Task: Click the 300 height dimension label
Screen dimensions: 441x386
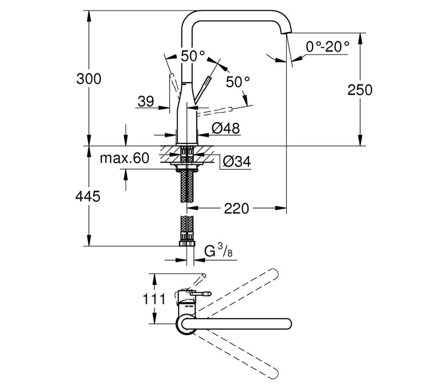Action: tap(89, 79)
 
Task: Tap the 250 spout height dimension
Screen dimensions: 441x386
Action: tap(360, 90)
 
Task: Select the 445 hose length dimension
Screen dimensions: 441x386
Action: tap(88, 196)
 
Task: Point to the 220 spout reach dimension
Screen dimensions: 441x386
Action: tap(236, 208)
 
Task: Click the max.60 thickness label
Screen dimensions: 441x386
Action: tap(125, 158)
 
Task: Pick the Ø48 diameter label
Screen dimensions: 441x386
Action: tap(226, 128)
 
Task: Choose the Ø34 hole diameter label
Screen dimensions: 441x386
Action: tap(237, 162)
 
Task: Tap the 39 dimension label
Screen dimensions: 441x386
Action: tap(146, 101)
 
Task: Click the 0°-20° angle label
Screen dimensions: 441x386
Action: tap(327, 46)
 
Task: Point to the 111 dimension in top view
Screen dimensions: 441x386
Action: tap(154, 299)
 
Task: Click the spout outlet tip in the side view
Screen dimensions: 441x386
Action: tap(286, 33)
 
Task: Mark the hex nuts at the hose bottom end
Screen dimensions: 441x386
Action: tap(187, 243)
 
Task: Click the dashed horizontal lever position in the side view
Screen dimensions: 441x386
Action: tap(214, 111)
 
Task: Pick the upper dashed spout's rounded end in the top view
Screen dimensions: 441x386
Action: tap(273, 274)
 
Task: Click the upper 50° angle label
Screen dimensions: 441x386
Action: tap(192, 56)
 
